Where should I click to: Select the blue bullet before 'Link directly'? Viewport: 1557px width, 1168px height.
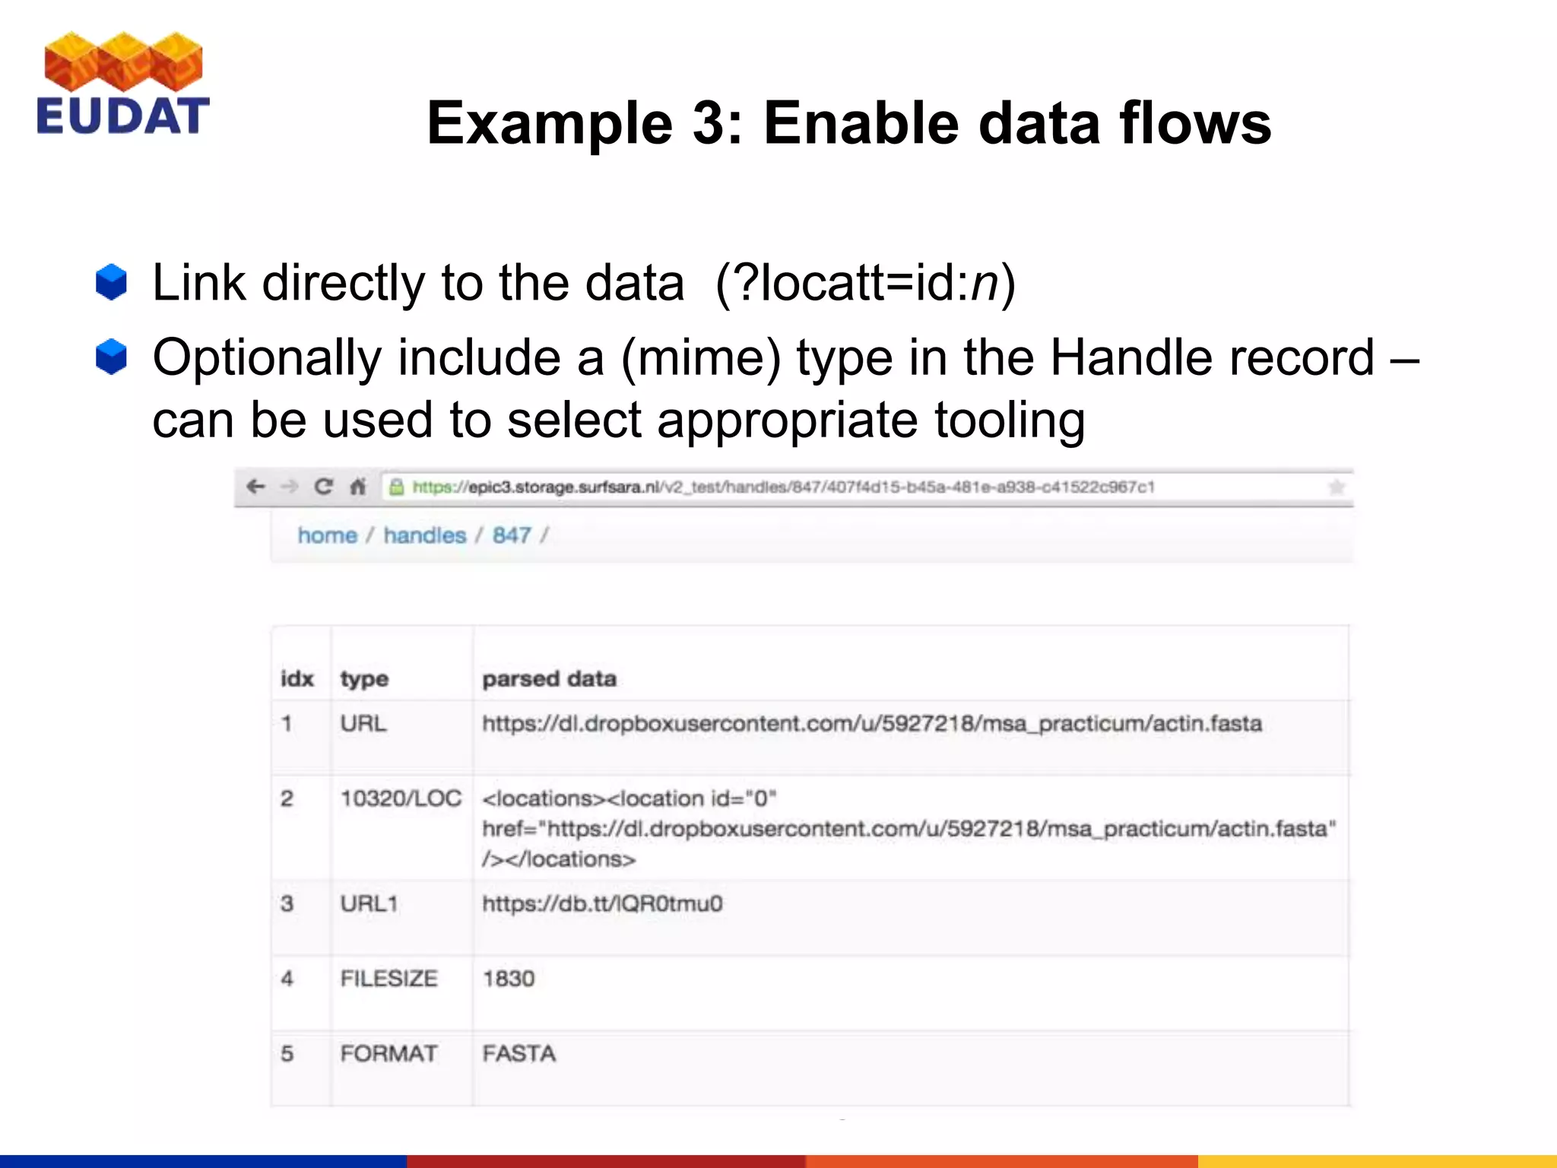click(x=111, y=282)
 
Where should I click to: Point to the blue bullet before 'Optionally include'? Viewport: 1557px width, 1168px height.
click(x=111, y=357)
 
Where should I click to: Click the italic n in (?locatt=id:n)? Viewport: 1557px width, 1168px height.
click(x=985, y=284)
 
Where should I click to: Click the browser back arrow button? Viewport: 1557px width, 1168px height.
click(x=255, y=487)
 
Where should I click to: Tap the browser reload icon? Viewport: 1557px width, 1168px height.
click(x=323, y=487)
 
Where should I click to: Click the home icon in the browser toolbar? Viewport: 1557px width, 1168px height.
click(x=357, y=487)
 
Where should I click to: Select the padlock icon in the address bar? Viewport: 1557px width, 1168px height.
click(x=396, y=487)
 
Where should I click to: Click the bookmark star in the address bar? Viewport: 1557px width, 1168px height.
click(x=1336, y=487)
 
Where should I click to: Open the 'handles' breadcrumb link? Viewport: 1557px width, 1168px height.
click(x=424, y=535)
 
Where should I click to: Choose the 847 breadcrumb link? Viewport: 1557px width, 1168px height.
click(x=512, y=535)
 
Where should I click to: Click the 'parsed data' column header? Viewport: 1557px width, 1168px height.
click(x=549, y=678)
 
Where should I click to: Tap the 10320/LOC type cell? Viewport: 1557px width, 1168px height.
click(x=401, y=798)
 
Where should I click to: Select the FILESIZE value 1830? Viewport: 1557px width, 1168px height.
click(x=509, y=979)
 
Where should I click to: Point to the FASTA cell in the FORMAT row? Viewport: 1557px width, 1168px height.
click(x=519, y=1054)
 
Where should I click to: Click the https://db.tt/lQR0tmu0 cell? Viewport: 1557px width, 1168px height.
click(x=602, y=904)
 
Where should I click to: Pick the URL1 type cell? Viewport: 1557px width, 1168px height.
click(x=369, y=904)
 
